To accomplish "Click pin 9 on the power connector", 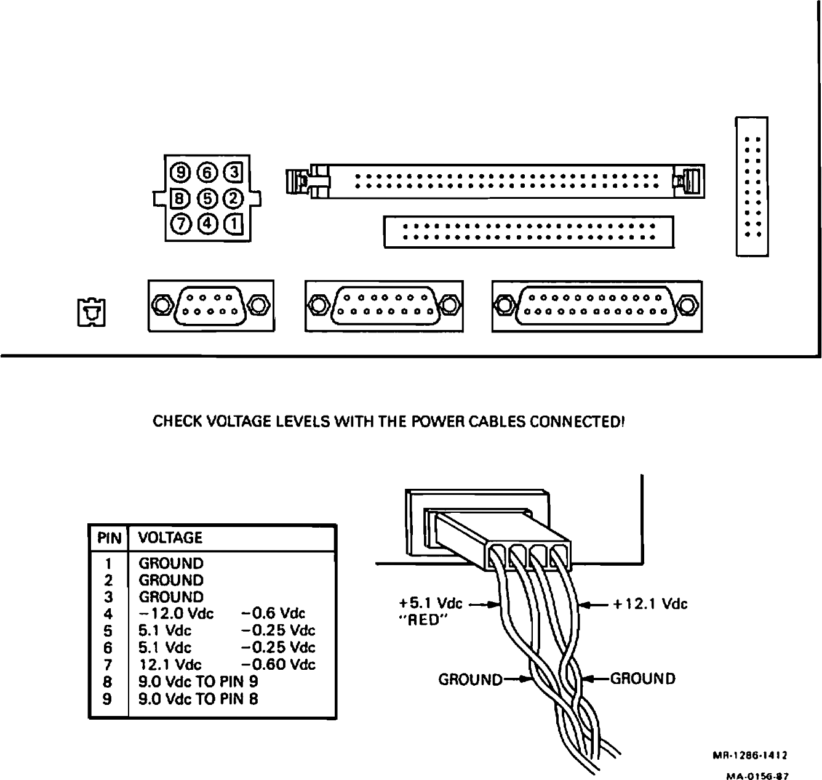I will click(x=182, y=171).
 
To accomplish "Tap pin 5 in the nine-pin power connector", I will click(x=207, y=198).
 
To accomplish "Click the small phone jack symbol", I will click(x=91, y=312).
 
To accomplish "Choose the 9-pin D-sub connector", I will click(x=210, y=305).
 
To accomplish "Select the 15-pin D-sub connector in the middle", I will click(x=384, y=305).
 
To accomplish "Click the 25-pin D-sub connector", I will click(x=597, y=305).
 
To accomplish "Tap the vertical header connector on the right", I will click(x=752, y=186).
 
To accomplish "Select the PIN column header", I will click(x=109, y=538).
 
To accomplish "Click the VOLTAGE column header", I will click(x=170, y=538).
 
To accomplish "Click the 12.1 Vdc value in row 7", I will click(x=170, y=665).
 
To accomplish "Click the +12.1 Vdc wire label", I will click(x=650, y=604).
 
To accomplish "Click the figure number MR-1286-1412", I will click(x=751, y=755).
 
